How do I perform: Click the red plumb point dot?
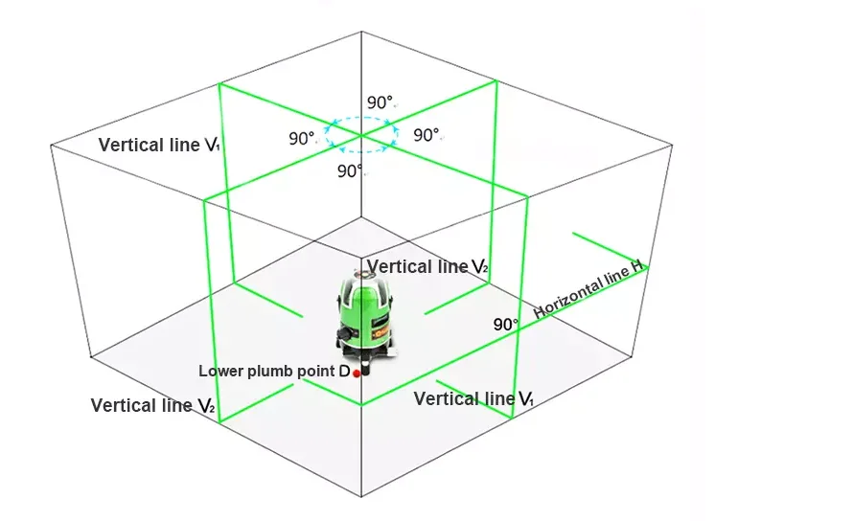click(x=357, y=374)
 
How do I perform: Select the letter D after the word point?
click(x=344, y=371)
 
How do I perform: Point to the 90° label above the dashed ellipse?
click(x=380, y=102)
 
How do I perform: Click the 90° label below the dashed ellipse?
click(x=350, y=170)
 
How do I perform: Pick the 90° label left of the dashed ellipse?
click(x=301, y=138)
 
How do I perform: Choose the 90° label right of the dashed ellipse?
click(x=426, y=135)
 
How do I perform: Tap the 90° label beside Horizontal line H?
click(x=505, y=325)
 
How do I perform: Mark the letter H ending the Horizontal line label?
click(x=637, y=266)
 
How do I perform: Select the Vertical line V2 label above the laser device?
click(x=427, y=266)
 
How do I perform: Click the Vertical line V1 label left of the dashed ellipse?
click(x=159, y=145)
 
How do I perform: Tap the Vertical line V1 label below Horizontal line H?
click(x=473, y=398)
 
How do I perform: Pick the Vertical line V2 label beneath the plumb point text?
click(x=152, y=405)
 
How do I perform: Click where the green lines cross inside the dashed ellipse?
click(x=361, y=135)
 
